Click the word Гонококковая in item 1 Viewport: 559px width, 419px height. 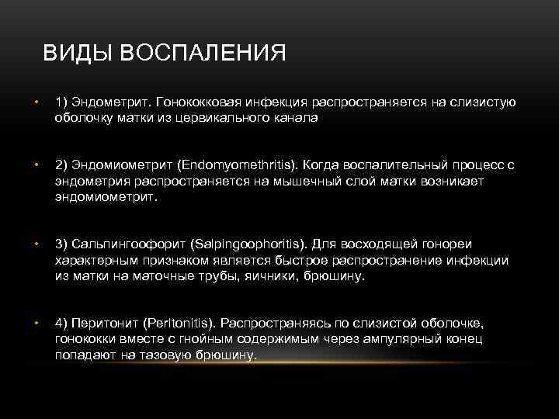[x=201, y=103]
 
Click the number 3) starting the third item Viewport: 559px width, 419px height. [x=61, y=245]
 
